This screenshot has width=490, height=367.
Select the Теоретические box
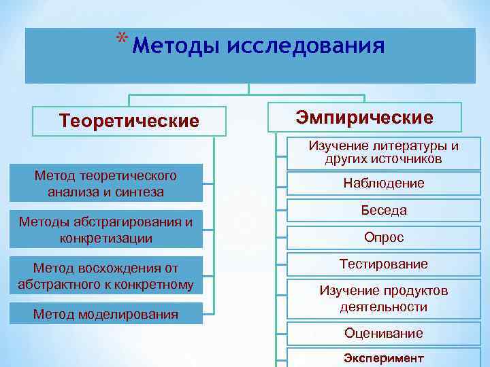pyautogui.click(x=129, y=121)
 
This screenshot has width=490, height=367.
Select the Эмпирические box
pyautogui.click(x=364, y=117)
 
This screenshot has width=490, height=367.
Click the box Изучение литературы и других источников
pyautogui.click(x=384, y=153)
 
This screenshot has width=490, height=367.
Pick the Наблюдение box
pyautogui.click(x=384, y=183)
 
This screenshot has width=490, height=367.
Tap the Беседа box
pyautogui.click(x=384, y=211)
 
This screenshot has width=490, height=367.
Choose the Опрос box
pyautogui.click(x=384, y=238)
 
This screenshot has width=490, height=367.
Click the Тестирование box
pyautogui.click(x=384, y=264)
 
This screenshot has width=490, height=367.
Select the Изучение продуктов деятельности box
pyautogui.click(x=384, y=299)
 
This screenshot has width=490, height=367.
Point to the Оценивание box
pyautogui.click(x=384, y=333)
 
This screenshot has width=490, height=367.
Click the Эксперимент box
pyautogui.click(x=384, y=357)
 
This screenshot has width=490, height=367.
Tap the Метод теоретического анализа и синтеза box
pyautogui.click(x=106, y=183)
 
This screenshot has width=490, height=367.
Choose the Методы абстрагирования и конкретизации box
pyautogui.click(x=106, y=230)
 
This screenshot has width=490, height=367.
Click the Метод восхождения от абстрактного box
pyautogui.click(x=106, y=275)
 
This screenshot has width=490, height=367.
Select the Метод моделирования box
pyautogui.click(x=106, y=314)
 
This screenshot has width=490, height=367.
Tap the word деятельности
pyautogui.click(x=384, y=307)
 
